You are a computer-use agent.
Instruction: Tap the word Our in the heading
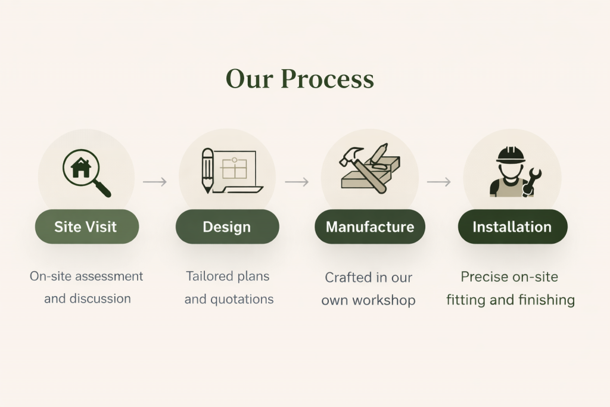[x=249, y=79]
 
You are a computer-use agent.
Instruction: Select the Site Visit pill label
[x=87, y=226]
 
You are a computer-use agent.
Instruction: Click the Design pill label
[x=227, y=226]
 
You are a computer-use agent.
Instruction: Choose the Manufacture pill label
[x=369, y=226]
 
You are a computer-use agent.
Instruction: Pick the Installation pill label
[x=512, y=226]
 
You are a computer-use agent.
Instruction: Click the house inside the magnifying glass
[x=81, y=167]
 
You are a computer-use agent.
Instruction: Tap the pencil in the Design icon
[x=207, y=170]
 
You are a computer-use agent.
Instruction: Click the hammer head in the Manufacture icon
[x=350, y=156]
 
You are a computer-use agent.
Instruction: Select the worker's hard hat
[x=511, y=154]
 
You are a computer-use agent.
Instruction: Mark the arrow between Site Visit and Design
[x=155, y=182]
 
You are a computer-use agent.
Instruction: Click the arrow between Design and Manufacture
[x=297, y=182]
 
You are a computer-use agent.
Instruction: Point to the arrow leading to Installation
[x=439, y=182]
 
